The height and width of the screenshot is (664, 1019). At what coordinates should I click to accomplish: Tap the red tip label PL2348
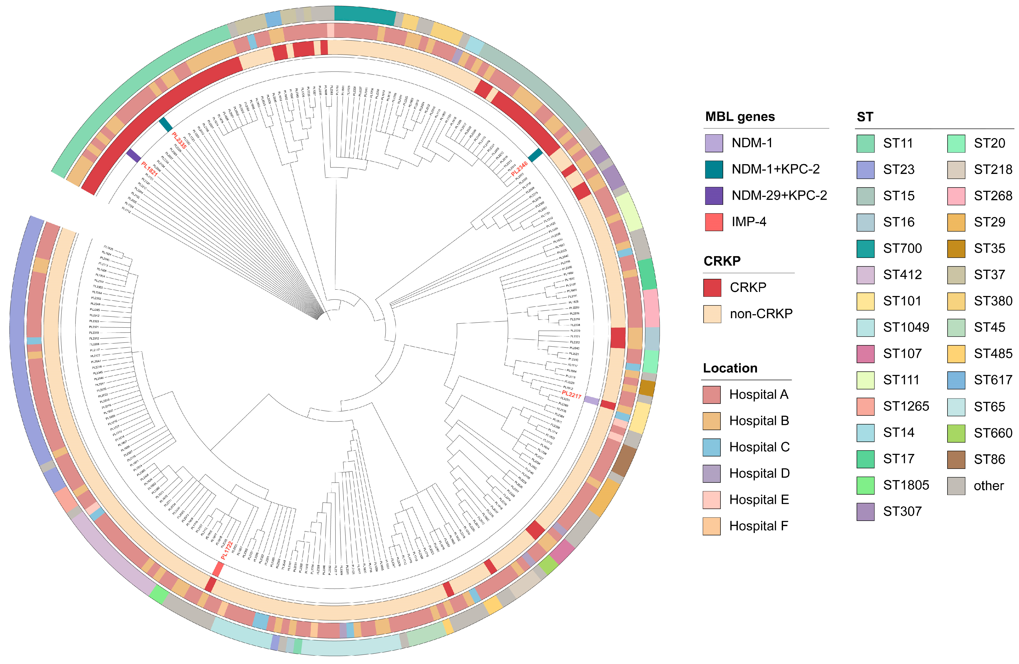[x=519, y=169]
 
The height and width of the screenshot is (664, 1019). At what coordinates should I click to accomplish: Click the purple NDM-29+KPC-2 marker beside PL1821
[x=134, y=156]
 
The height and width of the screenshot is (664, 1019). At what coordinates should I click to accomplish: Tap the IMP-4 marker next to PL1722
[x=218, y=570]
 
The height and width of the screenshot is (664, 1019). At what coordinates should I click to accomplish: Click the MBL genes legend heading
[x=740, y=116]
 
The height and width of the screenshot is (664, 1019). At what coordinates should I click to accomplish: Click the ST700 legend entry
[x=902, y=248]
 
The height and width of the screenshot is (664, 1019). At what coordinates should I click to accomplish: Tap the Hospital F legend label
[x=759, y=526]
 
